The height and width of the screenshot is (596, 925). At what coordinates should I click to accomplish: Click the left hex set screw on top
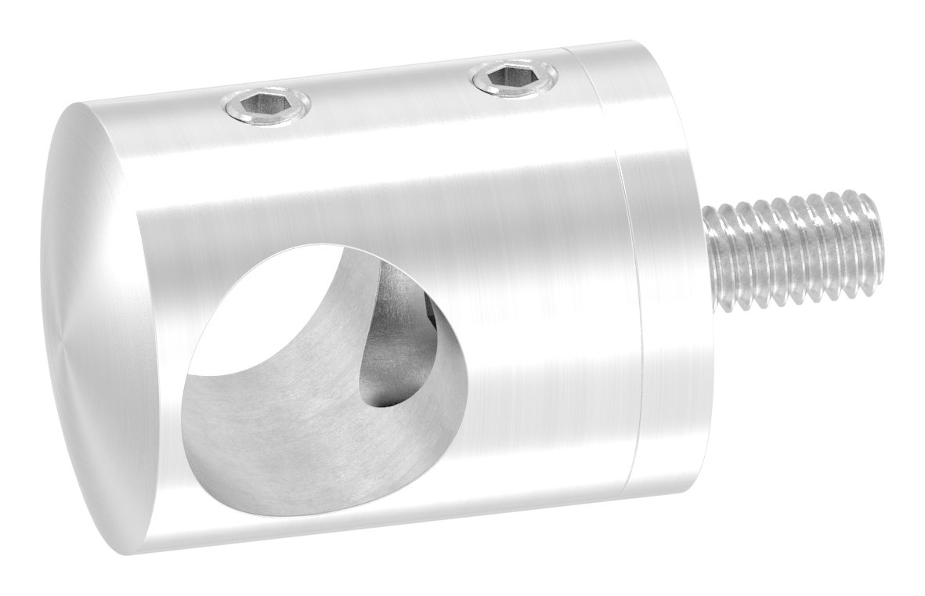tap(266, 106)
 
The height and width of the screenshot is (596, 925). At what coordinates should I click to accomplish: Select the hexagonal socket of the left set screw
tap(266, 105)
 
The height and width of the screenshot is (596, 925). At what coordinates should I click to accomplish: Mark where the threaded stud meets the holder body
tap(709, 258)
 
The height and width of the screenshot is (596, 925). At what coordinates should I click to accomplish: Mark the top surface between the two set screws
tap(392, 98)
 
